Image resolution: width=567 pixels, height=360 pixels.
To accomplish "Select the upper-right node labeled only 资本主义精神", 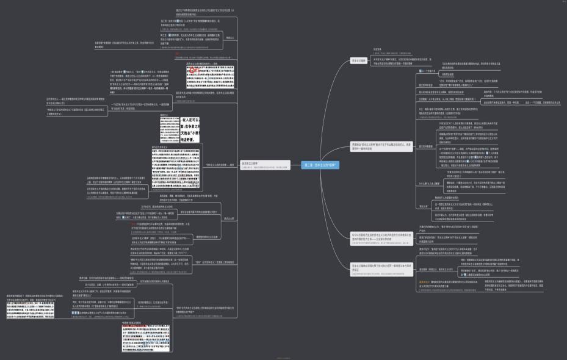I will pos(359,60).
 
